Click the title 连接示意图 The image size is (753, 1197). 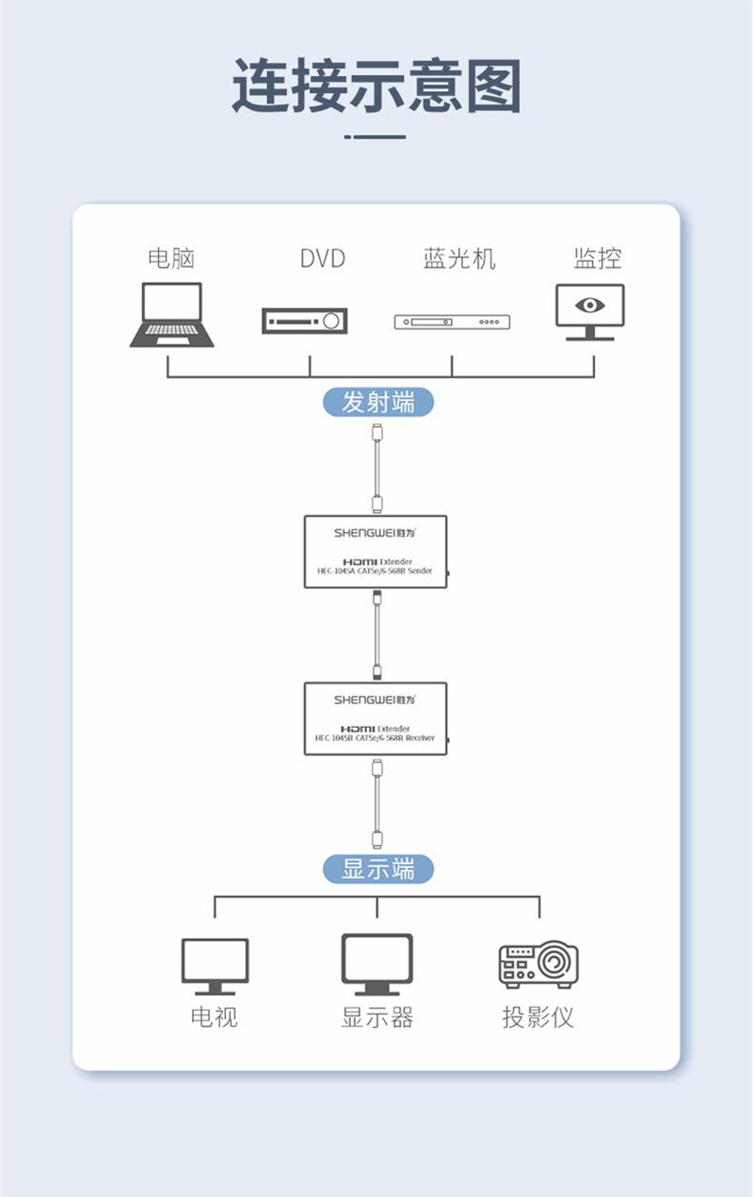point(376,87)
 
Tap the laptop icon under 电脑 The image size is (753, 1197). point(171,315)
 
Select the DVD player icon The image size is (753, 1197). point(305,321)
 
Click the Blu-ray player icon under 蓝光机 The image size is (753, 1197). point(452,322)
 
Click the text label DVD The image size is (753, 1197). point(323,259)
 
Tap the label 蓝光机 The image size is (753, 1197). point(458,259)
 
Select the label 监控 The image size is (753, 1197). point(598,258)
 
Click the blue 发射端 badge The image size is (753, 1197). point(378,402)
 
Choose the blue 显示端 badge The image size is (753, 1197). point(378,868)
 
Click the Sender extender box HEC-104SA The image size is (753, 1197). point(376,552)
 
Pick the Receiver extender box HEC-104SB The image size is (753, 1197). point(376,718)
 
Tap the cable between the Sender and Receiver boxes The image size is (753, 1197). point(376,635)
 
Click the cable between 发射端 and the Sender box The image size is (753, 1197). point(376,466)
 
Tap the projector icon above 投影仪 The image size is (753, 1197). point(537,965)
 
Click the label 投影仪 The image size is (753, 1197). point(537,1017)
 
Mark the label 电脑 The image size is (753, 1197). point(171,259)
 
